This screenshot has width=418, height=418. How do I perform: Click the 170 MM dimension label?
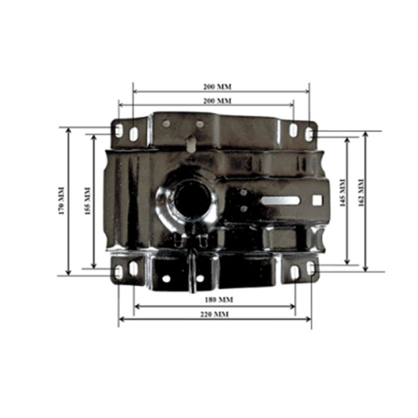tap(61, 201)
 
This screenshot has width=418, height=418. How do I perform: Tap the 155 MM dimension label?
tap(88, 201)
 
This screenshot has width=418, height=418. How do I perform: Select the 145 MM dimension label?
tap(342, 193)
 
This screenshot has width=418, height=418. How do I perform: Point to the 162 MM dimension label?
tap(361, 193)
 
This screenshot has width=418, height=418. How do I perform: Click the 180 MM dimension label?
tap(219, 300)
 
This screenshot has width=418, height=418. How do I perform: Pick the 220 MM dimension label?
tap(215, 314)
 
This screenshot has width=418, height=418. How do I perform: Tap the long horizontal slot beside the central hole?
tap(280, 201)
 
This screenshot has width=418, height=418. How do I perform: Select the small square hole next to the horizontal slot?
tap(317, 201)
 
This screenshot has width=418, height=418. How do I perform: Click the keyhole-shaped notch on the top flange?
tap(191, 143)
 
